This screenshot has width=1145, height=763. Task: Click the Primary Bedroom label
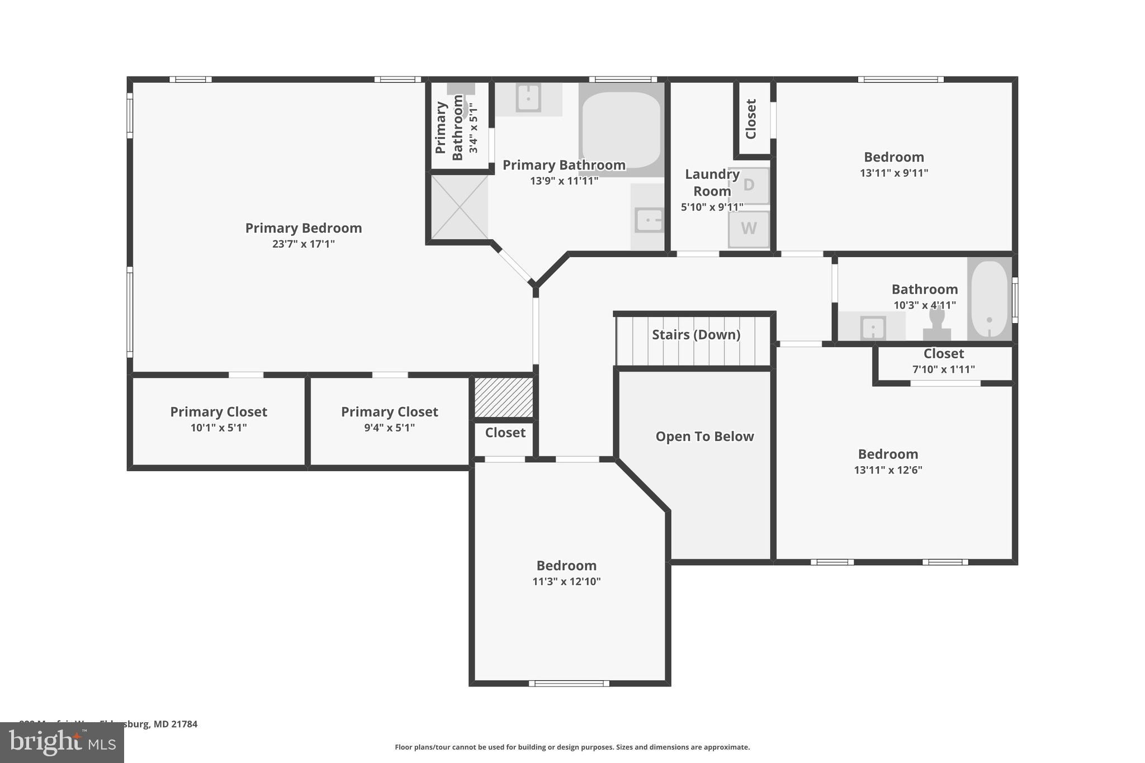click(304, 228)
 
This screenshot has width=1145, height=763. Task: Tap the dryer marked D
click(749, 185)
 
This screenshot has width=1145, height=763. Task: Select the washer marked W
click(749, 229)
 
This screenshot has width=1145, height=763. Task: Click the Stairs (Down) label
click(696, 335)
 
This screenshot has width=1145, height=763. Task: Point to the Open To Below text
click(704, 437)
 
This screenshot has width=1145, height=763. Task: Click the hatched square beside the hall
click(503, 397)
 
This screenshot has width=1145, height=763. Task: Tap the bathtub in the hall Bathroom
click(989, 299)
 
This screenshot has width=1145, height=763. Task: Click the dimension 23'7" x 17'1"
click(304, 244)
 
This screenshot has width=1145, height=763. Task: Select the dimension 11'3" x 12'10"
click(566, 582)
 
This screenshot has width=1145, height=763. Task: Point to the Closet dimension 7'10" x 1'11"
click(944, 369)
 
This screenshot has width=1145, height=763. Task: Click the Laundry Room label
click(712, 182)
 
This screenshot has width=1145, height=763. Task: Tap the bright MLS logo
click(62, 742)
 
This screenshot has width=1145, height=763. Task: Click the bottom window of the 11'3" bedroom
click(569, 683)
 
